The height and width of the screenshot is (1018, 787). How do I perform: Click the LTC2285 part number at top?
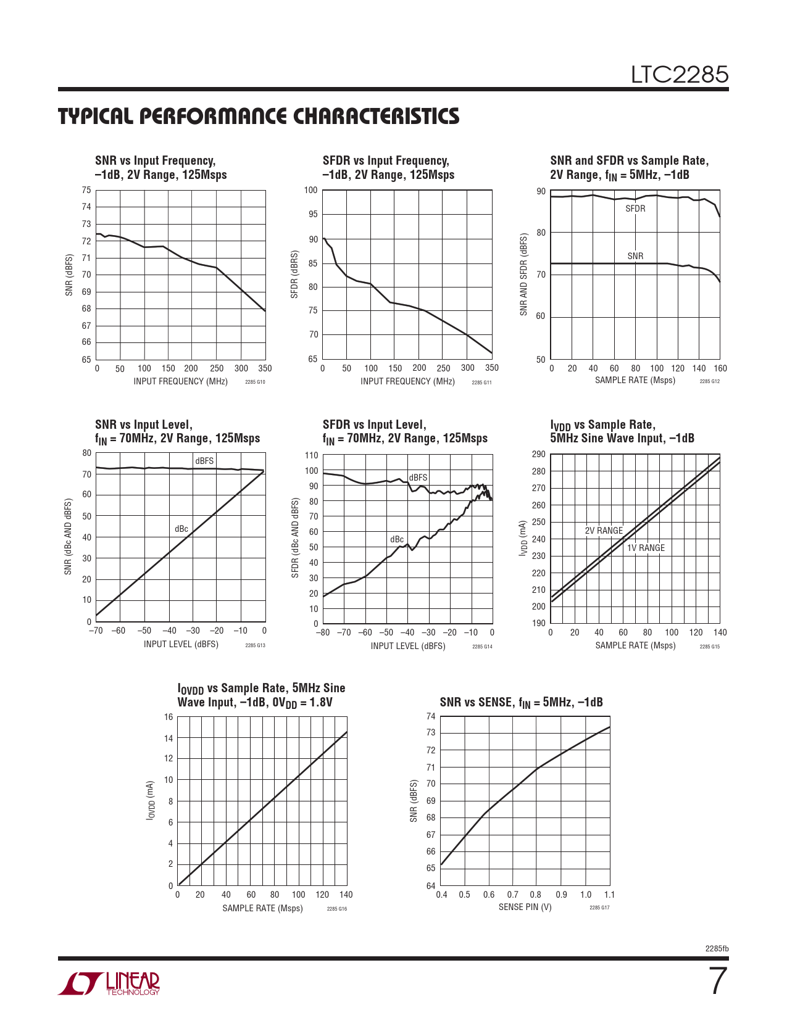(x=679, y=75)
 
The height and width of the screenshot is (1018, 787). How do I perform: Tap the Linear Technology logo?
(x=109, y=983)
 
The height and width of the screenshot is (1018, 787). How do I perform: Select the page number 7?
(x=717, y=982)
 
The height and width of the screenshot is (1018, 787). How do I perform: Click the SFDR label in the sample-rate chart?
(x=635, y=209)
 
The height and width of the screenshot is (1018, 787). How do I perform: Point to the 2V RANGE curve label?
(x=604, y=531)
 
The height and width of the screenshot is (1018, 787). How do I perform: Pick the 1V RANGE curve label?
(x=646, y=548)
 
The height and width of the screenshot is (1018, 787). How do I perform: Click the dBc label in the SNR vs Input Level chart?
(x=181, y=529)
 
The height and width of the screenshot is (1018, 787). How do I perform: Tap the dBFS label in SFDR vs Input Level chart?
(x=418, y=478)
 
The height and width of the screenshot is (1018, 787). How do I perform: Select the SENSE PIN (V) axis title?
(x=525, y=907)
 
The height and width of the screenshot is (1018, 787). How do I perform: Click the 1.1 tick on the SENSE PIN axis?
(x=609, y=895)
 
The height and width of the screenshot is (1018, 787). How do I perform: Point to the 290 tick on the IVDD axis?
(x=538, y=455)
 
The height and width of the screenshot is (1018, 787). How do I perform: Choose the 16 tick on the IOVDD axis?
(x=169, y=717)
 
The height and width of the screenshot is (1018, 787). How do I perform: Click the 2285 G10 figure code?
(x=255, y=383)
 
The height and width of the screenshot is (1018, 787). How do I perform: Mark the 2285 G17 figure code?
(x=599, y=908)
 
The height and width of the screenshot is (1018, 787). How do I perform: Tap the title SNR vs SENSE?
(x=521, y=702)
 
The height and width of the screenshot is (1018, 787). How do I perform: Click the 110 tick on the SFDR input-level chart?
(x=312, y=455)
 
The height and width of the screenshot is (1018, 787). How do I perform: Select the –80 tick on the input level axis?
(x=323, y=632)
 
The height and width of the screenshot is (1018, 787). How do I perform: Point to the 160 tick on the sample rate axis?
(x=720, y=368)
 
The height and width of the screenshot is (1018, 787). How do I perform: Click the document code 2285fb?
(x=717, y=948)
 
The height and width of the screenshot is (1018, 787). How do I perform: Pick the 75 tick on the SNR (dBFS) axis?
(x=86, y=190)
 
